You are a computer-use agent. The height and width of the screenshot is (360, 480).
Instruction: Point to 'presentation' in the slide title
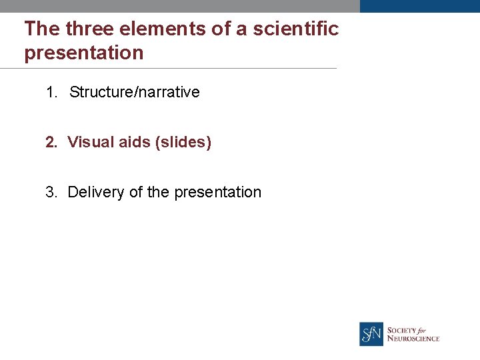(84, 53)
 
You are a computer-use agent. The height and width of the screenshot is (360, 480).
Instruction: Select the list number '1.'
(53, 92)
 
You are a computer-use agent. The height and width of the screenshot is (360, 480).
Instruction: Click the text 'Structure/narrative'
(134, 92)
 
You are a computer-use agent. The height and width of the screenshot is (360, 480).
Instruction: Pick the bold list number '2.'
(52, 142)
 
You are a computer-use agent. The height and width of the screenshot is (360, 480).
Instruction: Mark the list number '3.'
(52, 192)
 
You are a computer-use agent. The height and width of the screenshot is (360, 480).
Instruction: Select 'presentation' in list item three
(217, 192)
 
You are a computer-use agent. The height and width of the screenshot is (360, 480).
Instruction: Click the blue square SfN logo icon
(371, 334)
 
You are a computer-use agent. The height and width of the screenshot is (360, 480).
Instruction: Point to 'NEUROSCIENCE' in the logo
(413, 339)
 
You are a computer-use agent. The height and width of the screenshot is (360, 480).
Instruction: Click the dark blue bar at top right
(419, 6)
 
